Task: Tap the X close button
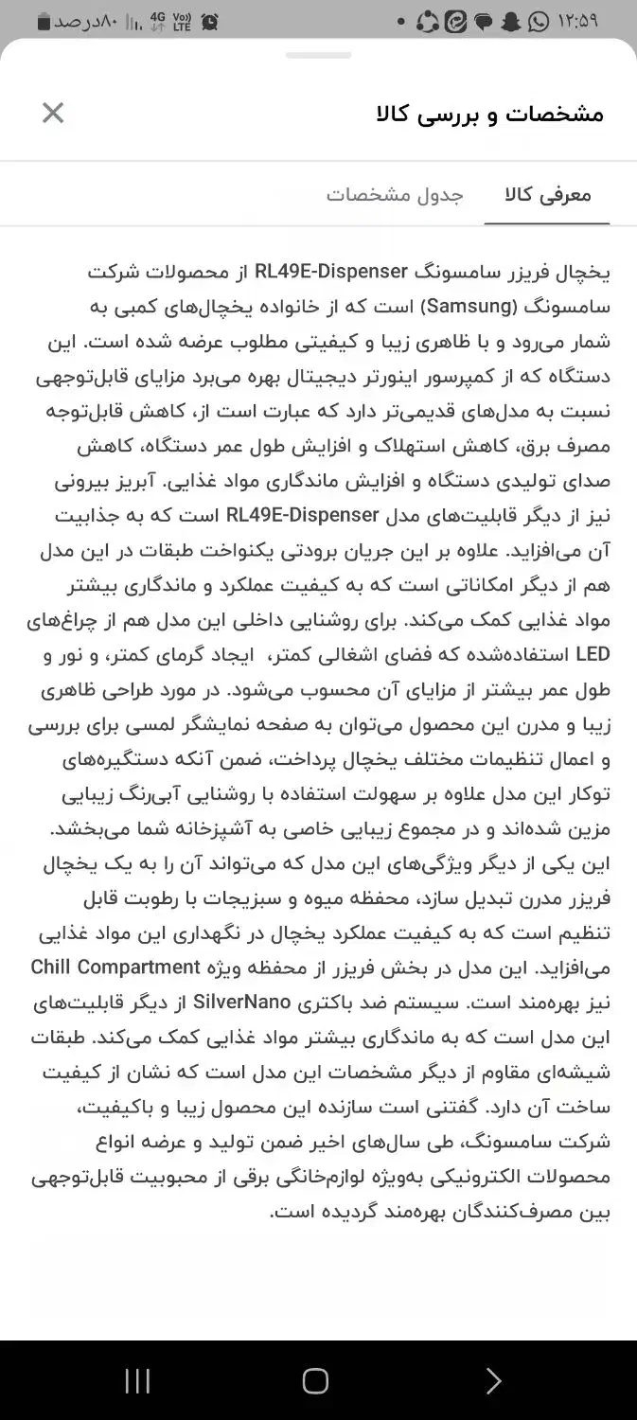(x=53, y=114)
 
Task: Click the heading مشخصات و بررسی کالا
(x=489, y=115)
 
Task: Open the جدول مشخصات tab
(x=395, y=195)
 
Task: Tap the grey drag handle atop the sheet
(x=318, y=56)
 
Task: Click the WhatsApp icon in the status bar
(x=540, y=21)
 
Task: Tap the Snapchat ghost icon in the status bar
(x=511, y=21)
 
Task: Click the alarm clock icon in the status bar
(x=210, y=21)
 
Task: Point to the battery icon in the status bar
(x=44, y=21)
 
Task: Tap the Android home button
(x=315, y=1380)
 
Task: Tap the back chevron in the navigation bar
(x=492, y=1380)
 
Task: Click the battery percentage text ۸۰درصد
(x=85, y=21)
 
